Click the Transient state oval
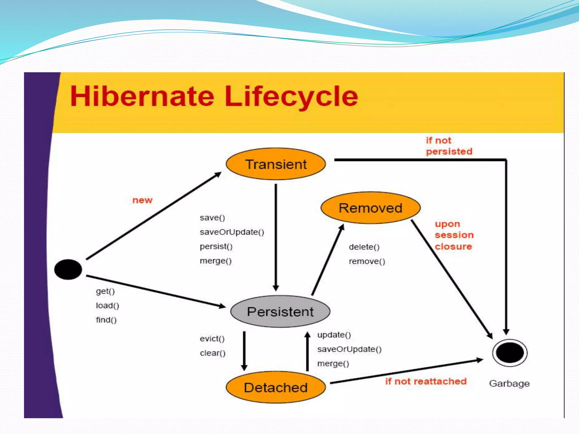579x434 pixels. coord(276,164)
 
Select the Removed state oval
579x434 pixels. coord(370,208)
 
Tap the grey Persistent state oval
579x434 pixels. coord(280,312)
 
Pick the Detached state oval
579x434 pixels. coord(276,387)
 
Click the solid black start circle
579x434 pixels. coord(68,270)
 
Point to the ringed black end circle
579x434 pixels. coord(510,353)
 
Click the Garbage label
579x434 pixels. coord(509,383)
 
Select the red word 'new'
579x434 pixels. coord(142,200)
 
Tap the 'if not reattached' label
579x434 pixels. coord(426,381)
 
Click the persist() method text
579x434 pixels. coord(216,246)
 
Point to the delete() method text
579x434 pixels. coord(364,247)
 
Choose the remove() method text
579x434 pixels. coord(367,261)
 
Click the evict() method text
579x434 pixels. coord(212,338)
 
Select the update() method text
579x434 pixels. coord(334,335)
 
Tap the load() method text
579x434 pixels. coord(107,305)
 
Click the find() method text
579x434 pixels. coord(106,320)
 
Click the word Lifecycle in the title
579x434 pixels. coord(291,96)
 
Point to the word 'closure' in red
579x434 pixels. coord(453,247)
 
